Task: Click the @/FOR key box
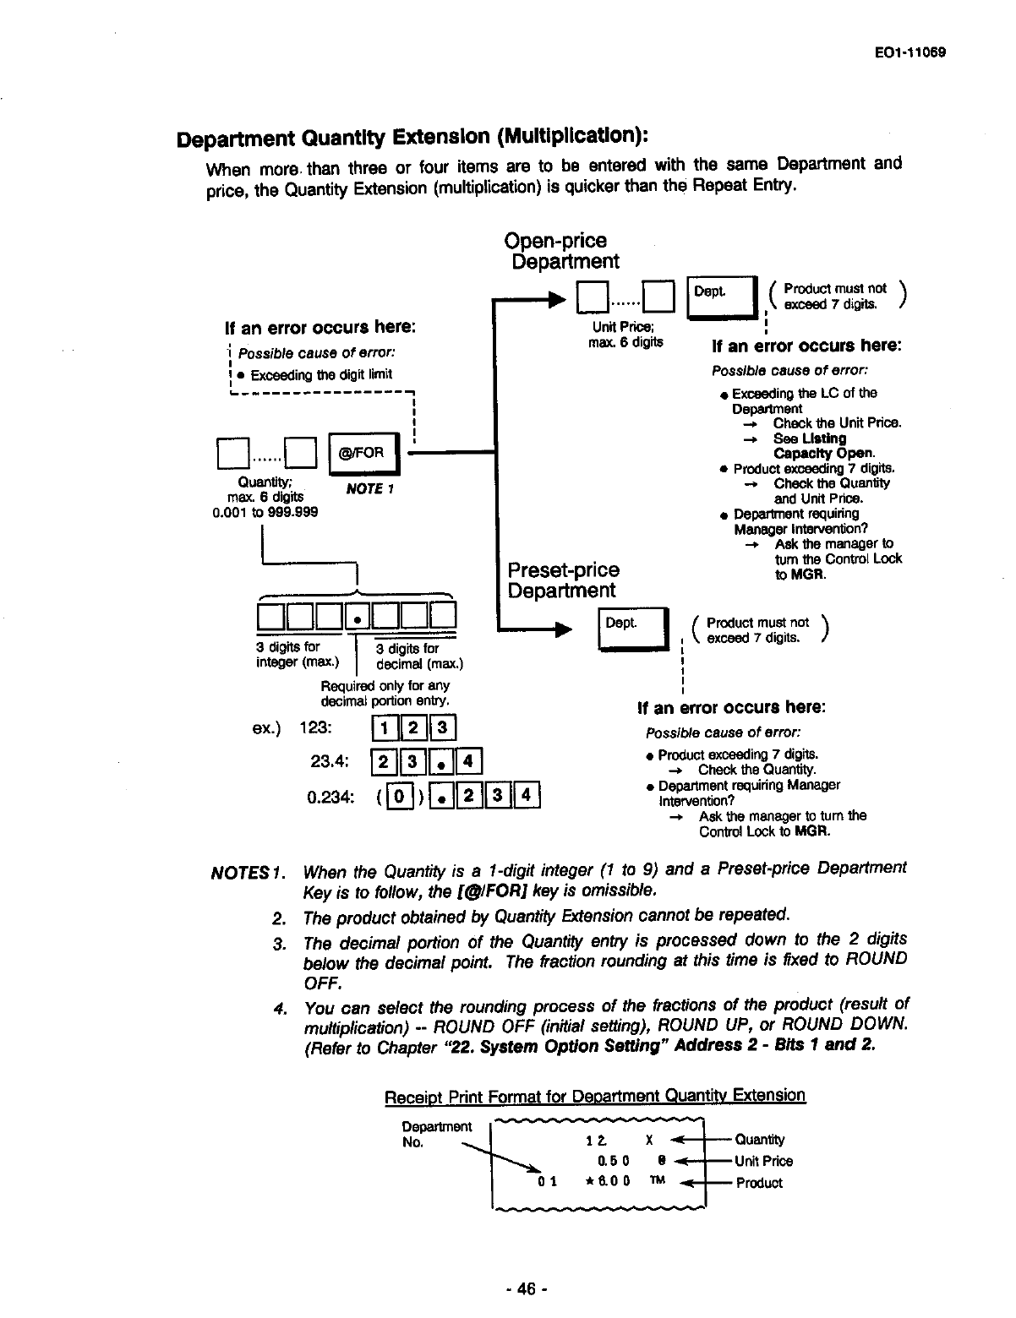pyautogui.click(x=361, y=454)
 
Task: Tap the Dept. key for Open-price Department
pyautogui.click(x=723, y=296)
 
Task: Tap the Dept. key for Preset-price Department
pyautogui.click(x=633, y=628)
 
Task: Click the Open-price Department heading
pyautogui.click(x=562, y=251)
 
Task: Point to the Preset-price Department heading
pyautogui.click(x=563, y=580)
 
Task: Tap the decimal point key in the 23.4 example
pyautogui.click(x=441, y=762)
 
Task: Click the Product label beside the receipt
pyautogui.click(x=759, y=1183)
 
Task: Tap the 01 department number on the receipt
pyautogui.click(x=548, y=1181)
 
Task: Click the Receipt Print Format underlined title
pyautogui.click(x=594, y=1096)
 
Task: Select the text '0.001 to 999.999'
pyautogui.click(x=265, y=512)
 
